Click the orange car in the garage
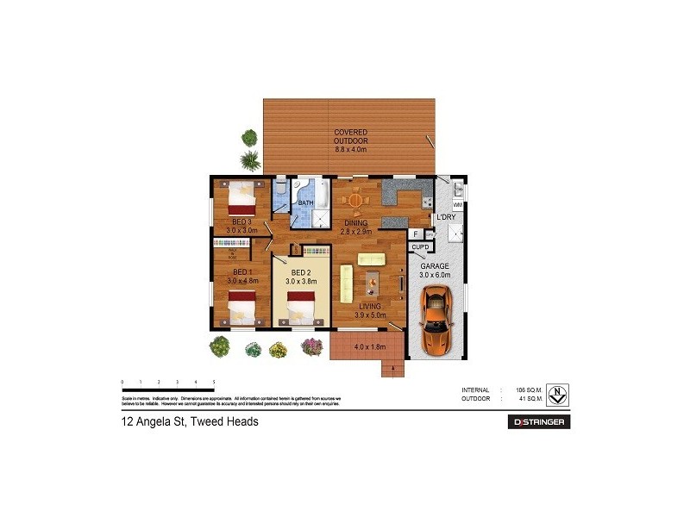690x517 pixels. [x=436, y=321]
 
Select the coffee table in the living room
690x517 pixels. [x=371, y=281]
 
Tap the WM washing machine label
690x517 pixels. [x=457, y=206]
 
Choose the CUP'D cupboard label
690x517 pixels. [x=420, y=247]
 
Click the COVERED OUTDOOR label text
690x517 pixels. [x=351, y=136]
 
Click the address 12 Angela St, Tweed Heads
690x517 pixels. [x=189, y=422]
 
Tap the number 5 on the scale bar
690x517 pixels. [x=213, y=381]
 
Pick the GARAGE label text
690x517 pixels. [x=435, y=266]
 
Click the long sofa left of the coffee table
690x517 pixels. [x=347, y=284]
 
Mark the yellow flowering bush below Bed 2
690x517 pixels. [x=278, y=349]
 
